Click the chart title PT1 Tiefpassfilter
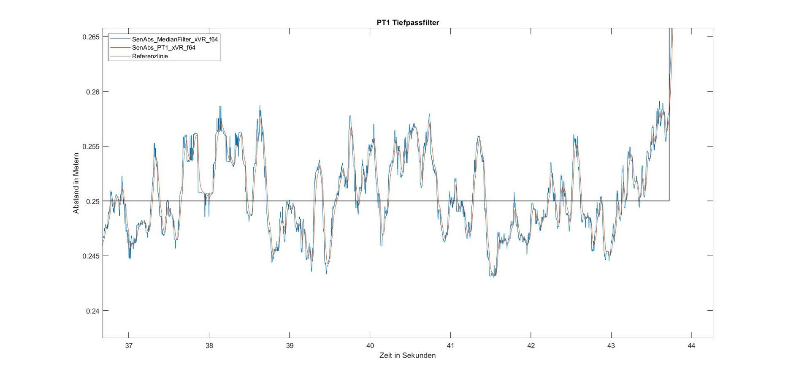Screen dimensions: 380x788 click(x=408, y=23)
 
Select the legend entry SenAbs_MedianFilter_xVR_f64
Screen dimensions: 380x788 click(x=175, y=39)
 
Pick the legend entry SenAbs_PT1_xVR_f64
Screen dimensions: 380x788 click(x=163, y=48)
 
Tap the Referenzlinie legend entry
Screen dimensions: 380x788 click(x=150, y=56)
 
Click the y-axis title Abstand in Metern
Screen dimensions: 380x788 click(x=76, y=183)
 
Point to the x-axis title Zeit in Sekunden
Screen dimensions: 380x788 click(x=407, y=356)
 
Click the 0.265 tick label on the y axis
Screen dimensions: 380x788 click(x=91, y=37)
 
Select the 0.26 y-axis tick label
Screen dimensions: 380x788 click(x=93, y=92)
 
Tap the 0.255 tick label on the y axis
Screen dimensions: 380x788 click(x=91, y=147)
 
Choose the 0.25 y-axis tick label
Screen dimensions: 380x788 click(x=93, y=201)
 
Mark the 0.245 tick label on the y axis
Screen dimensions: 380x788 click(x=91, y=256)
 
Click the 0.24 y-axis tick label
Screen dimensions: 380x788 click(x=93, y=311)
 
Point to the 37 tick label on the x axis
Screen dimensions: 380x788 click(x=129, y=346)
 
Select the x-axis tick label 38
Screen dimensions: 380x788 click(x=209, y=346)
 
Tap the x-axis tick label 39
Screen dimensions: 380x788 click(x=290, y=346)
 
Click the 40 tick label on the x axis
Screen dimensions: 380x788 click(x=370, y=346)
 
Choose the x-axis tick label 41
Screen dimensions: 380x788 click(x=450, y=346)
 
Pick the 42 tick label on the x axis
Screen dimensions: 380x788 click(x=531, y=346)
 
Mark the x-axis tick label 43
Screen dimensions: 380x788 click(x=611, y=346)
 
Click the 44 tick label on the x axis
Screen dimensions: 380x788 click(x=691, y=346)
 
